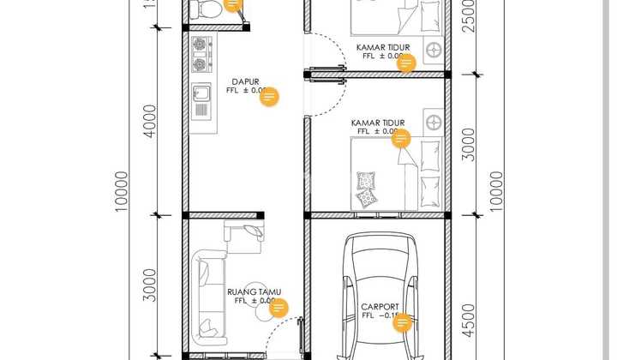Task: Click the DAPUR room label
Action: click(246, 82)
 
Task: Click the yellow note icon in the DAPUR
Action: click(269, 96)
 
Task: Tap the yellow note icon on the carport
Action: click(400, 322)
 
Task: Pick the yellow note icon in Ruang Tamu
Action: click(278, 309)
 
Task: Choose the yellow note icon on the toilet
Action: click(233, 5)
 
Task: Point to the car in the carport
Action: click(379, 296)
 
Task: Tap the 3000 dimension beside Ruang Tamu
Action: click(149, 285)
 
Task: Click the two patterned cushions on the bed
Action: click(367, 189)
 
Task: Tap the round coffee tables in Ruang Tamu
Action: click(255, 297)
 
